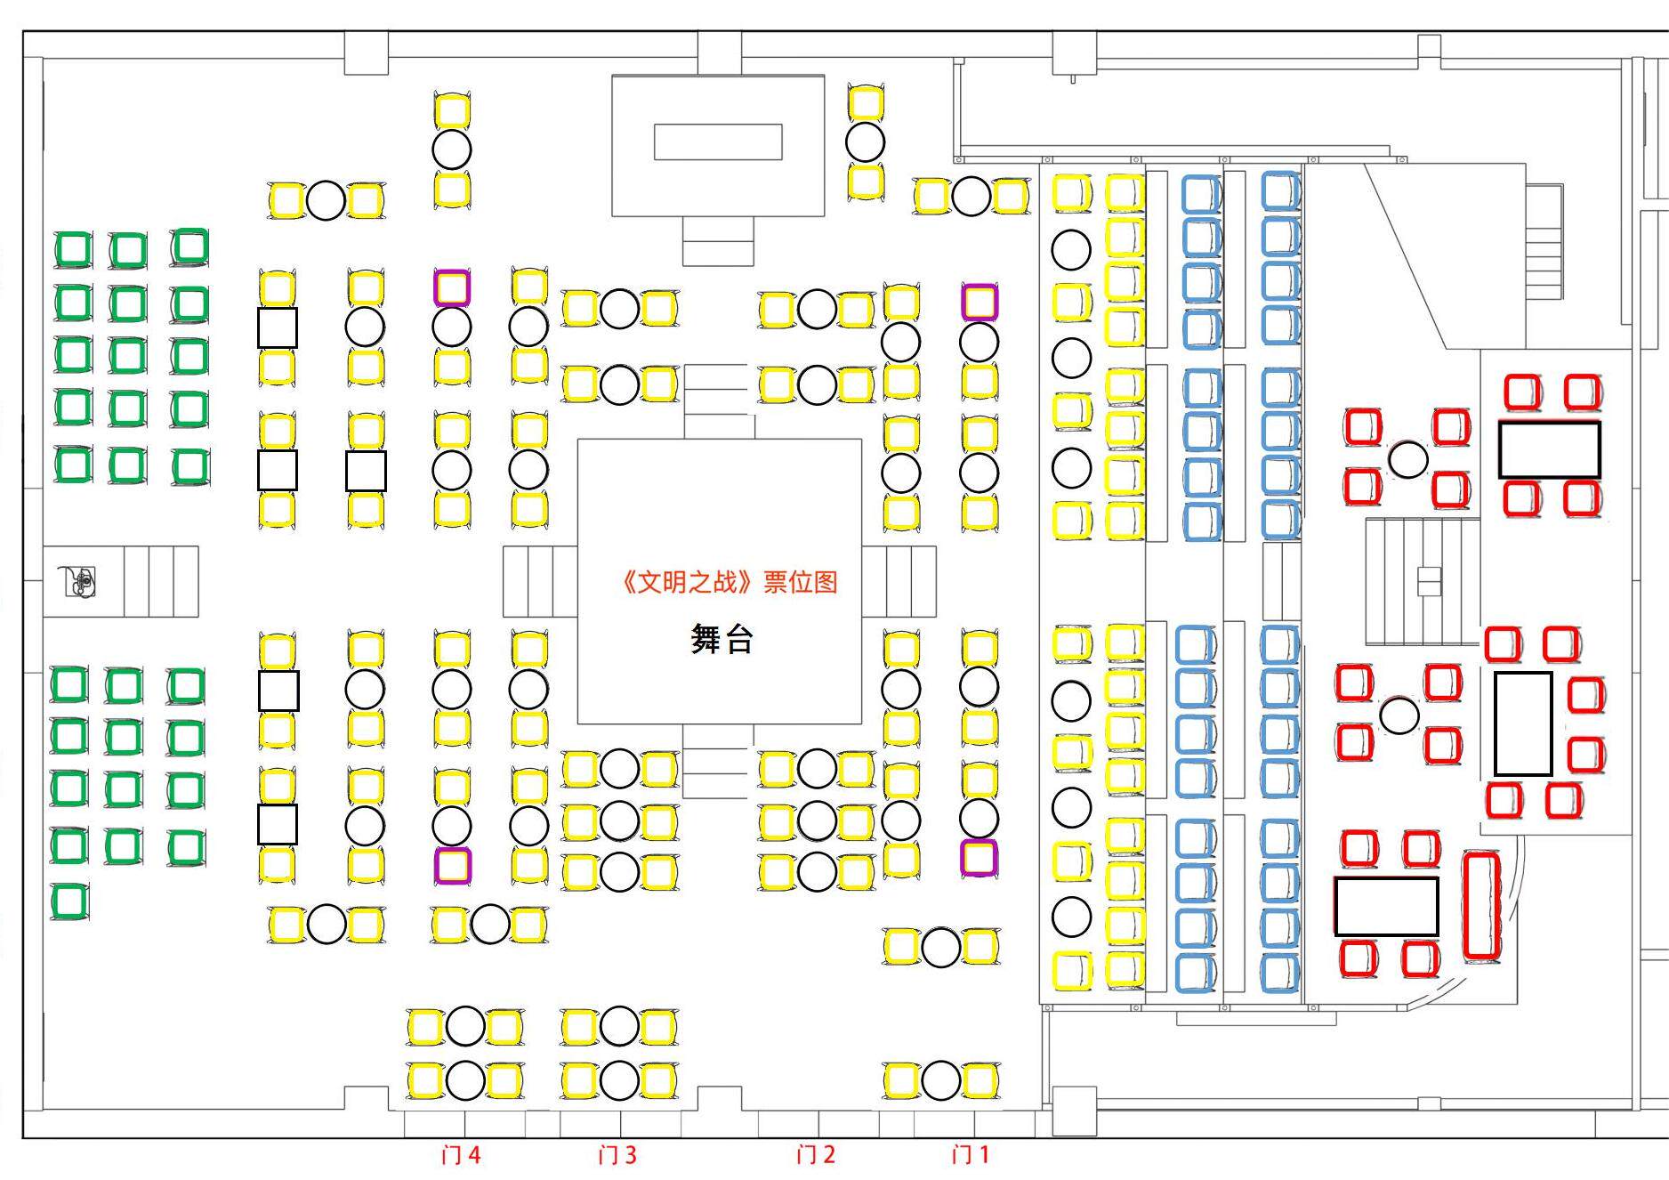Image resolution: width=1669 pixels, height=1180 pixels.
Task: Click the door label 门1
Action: pyautogui.click(x=970, y=1154)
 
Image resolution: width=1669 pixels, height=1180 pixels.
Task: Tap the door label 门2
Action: pyautogui.click(x=815, y=1154)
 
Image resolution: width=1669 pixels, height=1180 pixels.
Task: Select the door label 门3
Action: pyautogui.click(x=617, y=1154)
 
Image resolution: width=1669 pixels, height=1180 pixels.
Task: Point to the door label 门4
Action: pyautogui.click(x=461, y=1154)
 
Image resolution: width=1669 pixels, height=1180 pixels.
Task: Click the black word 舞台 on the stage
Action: pyautogui.click(x=722, y=639)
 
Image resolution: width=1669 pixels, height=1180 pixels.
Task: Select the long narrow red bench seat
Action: pyautogui.click(x=1481, y=905)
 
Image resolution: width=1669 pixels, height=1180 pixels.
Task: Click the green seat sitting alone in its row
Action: pyautogui.click(x=69, y=901)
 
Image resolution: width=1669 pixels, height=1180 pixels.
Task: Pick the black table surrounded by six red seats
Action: pyautogui.click(x=1522, y=723)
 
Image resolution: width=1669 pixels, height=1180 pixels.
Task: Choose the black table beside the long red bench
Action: pyautogui.click(x=1386, y=907)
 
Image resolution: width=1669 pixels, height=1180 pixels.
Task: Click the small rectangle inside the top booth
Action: pyautogui.click(x=718, y=141)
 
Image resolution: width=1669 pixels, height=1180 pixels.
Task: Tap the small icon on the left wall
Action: pyautogui.click(x=78, y=581)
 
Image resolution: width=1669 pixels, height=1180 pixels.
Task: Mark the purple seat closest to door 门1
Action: pyautogui.click(x=979, y=858)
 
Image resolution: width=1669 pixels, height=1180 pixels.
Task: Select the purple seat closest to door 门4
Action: pyautogui.click(x=452, y=865)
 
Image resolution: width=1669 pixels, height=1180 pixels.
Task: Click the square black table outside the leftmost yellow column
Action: pyautogui.click(x=278, y=327)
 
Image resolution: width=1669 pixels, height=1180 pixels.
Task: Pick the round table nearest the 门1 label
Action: pyautogui.click(x=940, y=1080)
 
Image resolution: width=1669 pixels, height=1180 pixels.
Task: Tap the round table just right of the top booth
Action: pyautogui.click(x=865, y=141)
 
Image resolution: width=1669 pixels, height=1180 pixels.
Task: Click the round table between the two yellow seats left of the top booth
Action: pyautogui.click(x=452, y=150)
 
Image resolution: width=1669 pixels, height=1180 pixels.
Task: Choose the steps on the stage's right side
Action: pyautogui.click(x=899, y=581)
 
